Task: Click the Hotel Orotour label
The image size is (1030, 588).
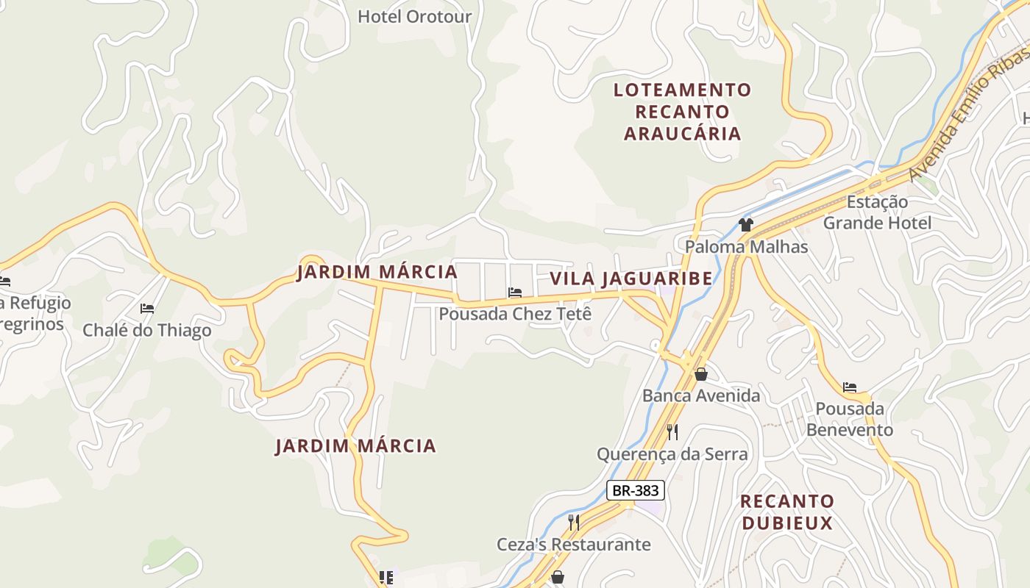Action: coord(414,16)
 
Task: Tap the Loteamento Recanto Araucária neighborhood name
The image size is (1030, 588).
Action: coord(682,112)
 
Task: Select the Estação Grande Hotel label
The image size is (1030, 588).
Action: coord(877,212)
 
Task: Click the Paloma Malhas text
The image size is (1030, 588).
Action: coord(746,247)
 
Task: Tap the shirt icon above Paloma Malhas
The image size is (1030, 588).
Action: coord(746,225)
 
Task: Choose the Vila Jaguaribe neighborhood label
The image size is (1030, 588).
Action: coord(631,279)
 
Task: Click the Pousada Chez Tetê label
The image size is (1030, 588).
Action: coord(515,314)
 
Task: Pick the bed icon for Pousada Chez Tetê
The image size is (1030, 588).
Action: coord(515,293)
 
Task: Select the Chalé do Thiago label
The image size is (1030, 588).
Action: coord(146,330)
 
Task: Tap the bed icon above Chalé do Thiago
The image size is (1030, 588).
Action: coord(147,309)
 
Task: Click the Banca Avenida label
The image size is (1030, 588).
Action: coord(700,396)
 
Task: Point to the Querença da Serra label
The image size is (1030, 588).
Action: coord(672,454)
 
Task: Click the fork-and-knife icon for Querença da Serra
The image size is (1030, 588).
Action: coord(672,431)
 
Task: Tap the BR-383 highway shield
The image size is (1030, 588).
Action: coord(636,490)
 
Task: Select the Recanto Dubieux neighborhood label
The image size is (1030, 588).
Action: coord(787,512)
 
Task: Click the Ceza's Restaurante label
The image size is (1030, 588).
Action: coord(573,545)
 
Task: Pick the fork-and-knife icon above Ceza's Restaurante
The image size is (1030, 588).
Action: coord(574,523)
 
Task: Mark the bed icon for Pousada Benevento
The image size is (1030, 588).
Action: coord(850,387)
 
